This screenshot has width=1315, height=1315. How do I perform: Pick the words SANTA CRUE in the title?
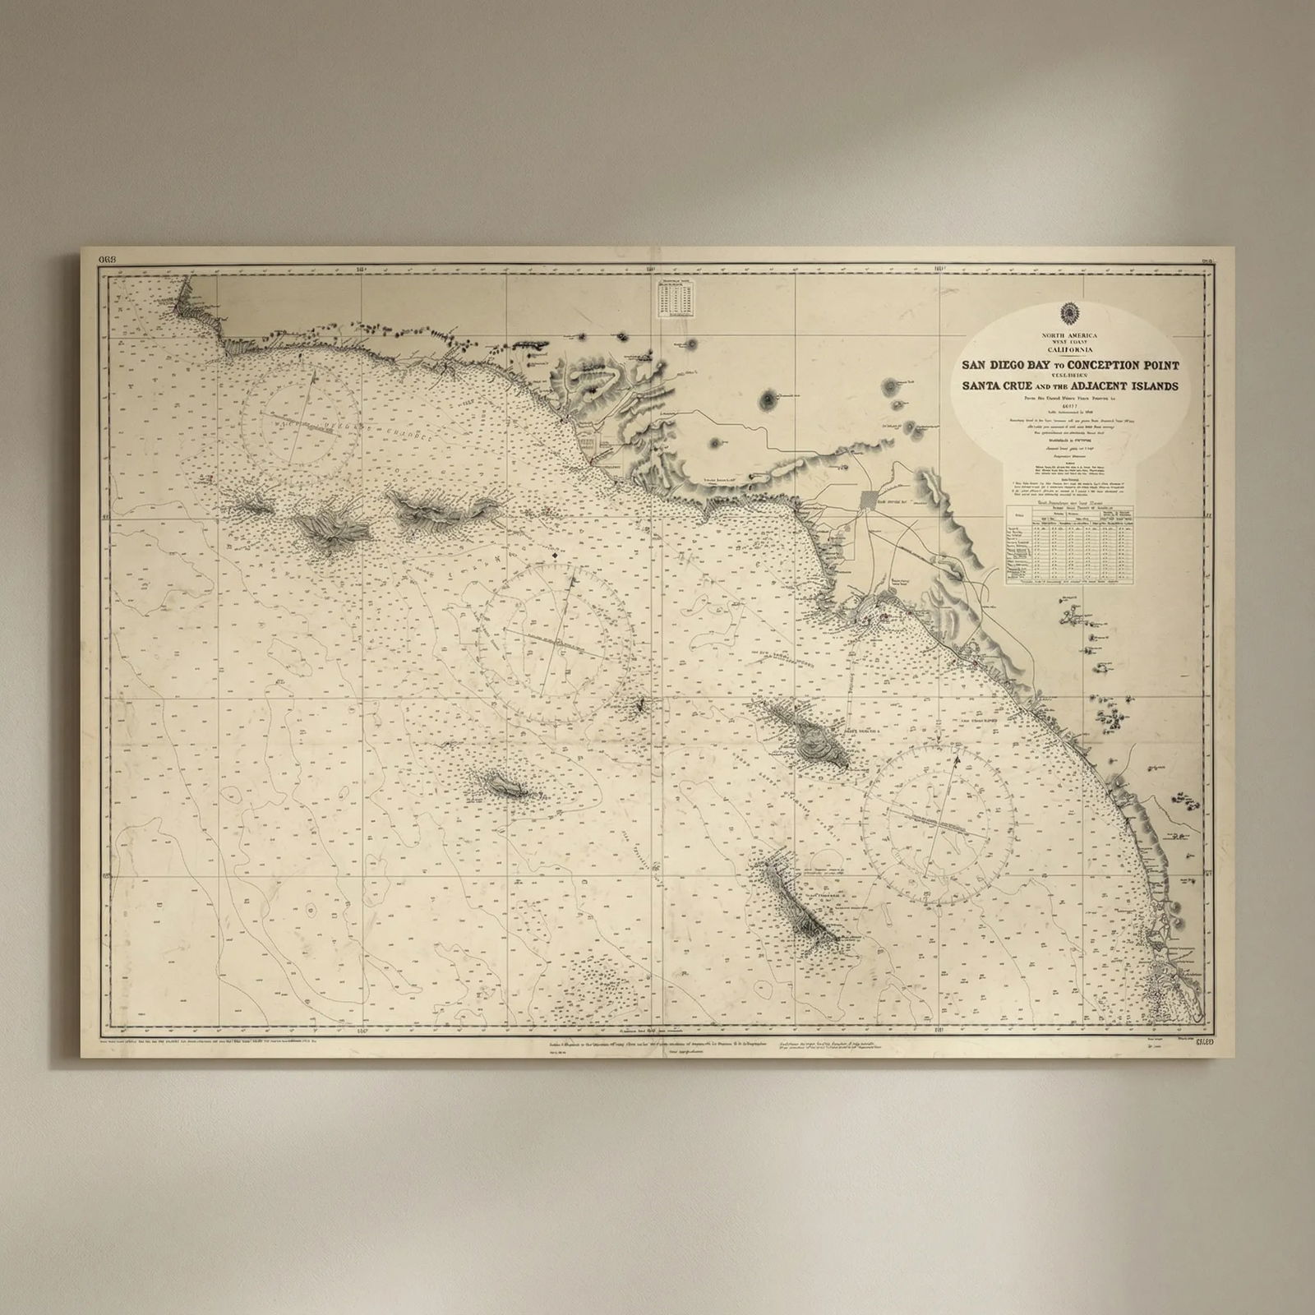coord(997,386)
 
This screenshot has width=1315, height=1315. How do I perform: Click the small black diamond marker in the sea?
coord(555,556)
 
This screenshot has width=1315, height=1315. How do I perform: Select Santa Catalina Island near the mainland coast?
coord(812,731)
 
